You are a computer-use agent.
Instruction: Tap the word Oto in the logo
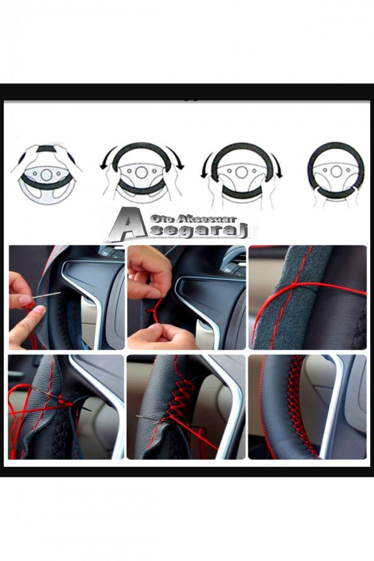160,218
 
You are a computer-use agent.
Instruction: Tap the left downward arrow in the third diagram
207,166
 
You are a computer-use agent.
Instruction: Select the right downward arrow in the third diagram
276,166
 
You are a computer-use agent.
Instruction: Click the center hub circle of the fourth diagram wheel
336,171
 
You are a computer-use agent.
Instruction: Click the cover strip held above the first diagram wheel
45,149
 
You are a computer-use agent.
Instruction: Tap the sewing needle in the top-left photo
47,294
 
